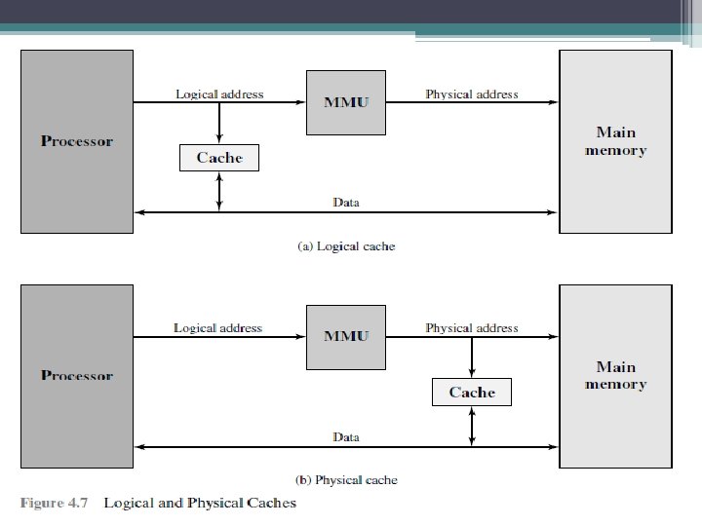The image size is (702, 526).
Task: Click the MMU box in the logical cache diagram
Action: tap(346, 102)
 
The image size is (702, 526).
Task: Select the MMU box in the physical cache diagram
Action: tap(346, 336)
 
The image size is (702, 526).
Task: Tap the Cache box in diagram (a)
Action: tap(219, 158)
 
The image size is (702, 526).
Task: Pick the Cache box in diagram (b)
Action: tap(472, 393)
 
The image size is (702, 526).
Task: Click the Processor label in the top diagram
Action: tap(77, 141)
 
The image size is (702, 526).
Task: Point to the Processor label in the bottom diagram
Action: tap(77, 375)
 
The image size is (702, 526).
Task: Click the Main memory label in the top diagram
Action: tap(615, 141)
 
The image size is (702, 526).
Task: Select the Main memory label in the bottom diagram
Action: tap(615, 375)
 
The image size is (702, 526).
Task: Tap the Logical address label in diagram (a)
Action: tap(219, 94)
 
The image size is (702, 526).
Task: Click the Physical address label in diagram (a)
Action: tap(472, 94)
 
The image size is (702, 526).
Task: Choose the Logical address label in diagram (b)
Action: tap(218, 328)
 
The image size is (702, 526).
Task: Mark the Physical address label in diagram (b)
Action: tap(472, 328)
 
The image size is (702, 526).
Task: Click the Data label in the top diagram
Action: tap(346, 203)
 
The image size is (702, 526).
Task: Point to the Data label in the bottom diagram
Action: tap(346, 437)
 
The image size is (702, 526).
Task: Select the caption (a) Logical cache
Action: tap(346, 246)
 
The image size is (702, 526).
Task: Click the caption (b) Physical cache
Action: tap(346, 480)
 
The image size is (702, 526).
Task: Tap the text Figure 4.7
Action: tap(55, 504)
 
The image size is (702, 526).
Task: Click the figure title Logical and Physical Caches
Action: tap(200, 504)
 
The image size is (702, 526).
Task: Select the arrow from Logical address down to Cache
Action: tap(219, 123)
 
